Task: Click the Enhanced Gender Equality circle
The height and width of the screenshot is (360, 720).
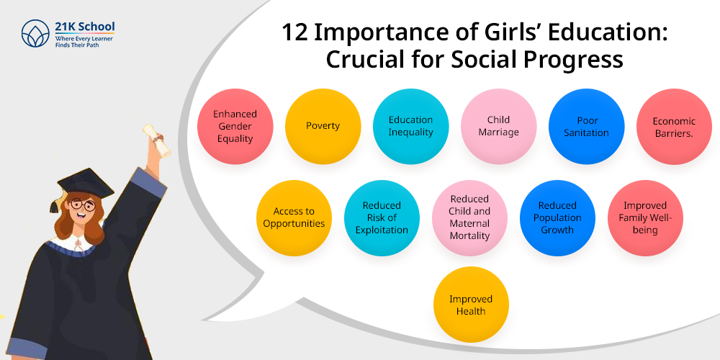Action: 235,126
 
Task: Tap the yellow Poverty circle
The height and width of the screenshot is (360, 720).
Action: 323,126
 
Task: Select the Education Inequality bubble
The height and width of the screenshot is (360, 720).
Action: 410,126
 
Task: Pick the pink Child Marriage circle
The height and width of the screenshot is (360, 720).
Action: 498,126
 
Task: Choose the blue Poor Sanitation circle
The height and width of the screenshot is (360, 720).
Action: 586,126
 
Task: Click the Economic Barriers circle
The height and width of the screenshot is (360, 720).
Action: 674,126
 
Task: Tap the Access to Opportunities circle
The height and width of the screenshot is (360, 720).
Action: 294,217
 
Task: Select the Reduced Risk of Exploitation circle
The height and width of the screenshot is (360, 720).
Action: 382,217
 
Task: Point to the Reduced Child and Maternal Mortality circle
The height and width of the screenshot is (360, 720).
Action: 469,217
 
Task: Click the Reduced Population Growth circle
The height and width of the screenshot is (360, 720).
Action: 557,217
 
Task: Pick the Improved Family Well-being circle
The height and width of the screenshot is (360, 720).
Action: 645,217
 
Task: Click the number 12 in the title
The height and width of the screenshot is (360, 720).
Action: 293,33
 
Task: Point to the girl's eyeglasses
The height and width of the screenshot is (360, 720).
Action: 82,207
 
